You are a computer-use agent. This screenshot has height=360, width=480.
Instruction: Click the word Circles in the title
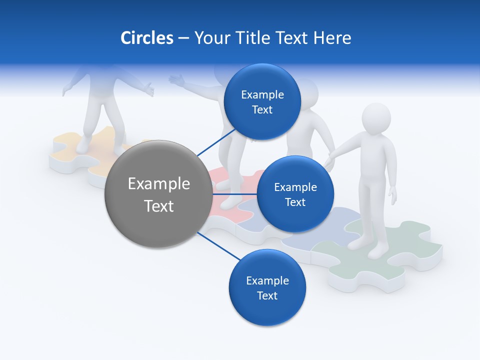[146, 38]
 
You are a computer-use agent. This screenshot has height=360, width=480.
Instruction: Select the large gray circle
[158, 194]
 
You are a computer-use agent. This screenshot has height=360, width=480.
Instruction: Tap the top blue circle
[262, 102]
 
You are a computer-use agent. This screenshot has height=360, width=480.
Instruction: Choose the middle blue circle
[295, 194]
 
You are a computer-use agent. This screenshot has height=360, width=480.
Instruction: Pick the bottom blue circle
[267, 287]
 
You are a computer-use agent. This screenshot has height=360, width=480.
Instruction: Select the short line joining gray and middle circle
[235, 194]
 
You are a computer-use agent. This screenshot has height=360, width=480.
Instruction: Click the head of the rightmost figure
[376, 118]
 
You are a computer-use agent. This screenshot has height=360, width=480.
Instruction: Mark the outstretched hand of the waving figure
[176, 79]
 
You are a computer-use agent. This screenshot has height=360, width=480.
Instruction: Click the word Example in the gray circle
[158, 183]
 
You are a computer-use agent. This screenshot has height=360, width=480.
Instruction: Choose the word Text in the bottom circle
[267, 295]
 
